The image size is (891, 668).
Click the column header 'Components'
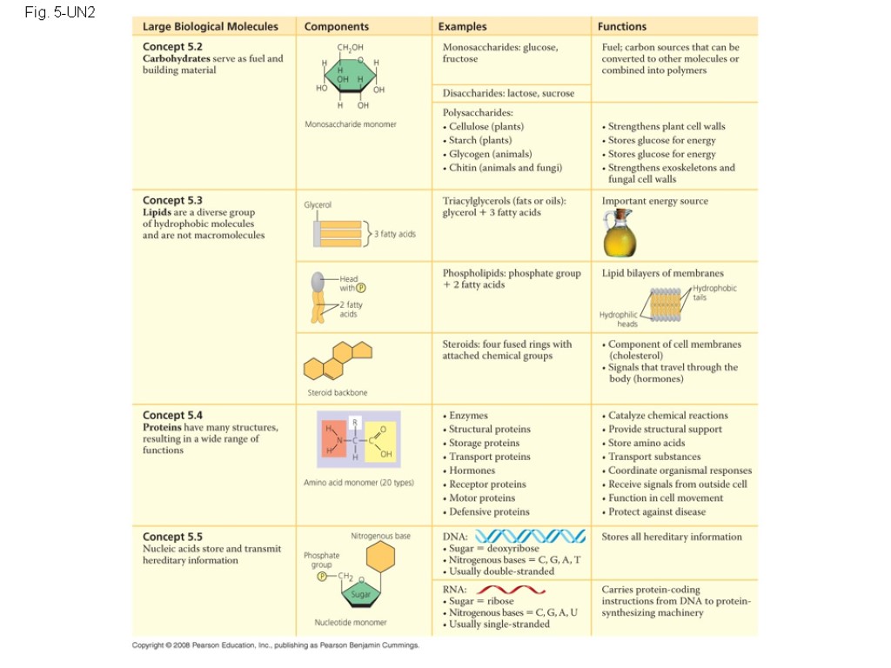337,27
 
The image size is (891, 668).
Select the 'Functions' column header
622,27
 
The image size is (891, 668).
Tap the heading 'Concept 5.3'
172,200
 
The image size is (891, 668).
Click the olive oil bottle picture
620,232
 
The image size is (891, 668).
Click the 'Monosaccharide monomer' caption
350,124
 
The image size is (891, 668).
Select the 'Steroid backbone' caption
338,393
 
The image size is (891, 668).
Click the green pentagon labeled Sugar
360,593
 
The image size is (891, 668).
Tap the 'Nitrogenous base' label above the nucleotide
380,536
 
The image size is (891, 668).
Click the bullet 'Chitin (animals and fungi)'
505,168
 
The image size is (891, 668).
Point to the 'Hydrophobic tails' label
714,292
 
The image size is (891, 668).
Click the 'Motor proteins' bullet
482,498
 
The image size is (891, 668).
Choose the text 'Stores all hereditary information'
672,537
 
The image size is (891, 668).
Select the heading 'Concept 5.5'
172,537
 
